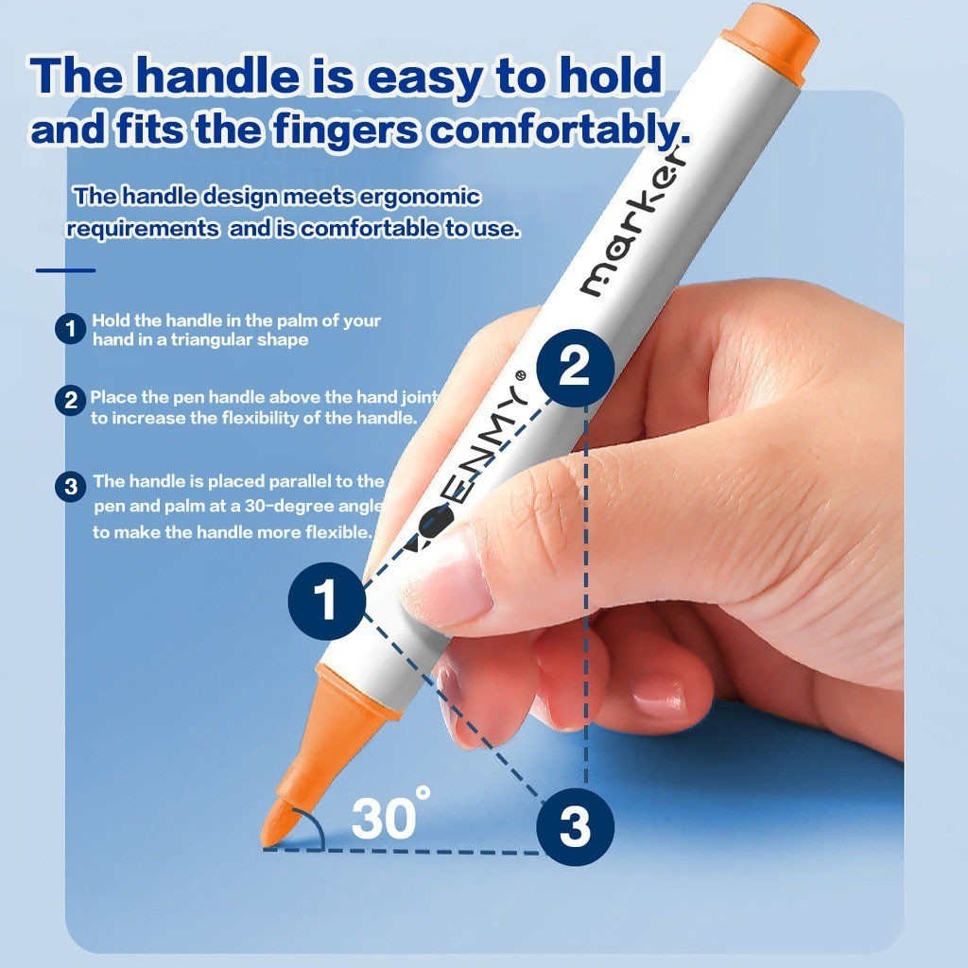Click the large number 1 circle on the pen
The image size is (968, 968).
click(x=326, y=600)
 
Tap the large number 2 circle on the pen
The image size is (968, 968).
click(x=575, y=368)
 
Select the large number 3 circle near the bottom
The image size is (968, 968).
click(x=575, y=826)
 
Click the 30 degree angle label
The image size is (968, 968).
click(x=390, y=814)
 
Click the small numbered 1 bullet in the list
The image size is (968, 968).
click(x=70, y=328)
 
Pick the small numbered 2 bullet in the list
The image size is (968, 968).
click(x=70, y=400)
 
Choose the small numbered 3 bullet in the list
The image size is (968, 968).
click(x=70, y=487)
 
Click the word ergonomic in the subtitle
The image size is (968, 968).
click(x=419, y=198)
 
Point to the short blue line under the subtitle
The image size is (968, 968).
click(x=65, y=270)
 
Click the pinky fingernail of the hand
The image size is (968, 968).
click(x=659, y=697)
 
